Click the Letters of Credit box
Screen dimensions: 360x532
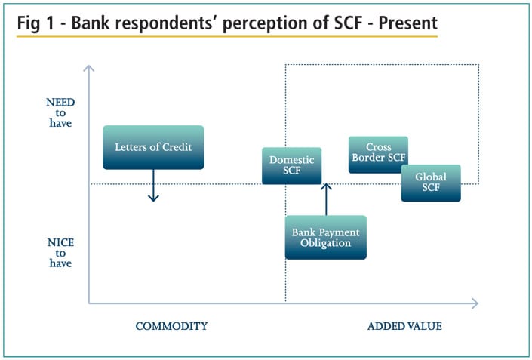pyautogui.click(x=153, y=147)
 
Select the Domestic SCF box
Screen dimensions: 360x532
pyautogui.click(x=291, y=165)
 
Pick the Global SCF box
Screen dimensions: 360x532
pyautogui.click(x=431, y=183)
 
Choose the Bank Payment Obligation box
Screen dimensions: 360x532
pyautogui.click(x=325, y=237)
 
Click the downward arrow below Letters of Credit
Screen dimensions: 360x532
pyautogui.click(x=153, y=186)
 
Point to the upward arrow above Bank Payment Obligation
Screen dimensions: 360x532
pyautogui.click(x=325, y=198)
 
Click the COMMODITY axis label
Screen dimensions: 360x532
pyautogui.click(x=171, y=326)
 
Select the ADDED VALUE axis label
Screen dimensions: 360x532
pyautogui.click(x=404, y=326)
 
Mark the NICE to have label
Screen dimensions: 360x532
pyautogui.click(x=60, y=253)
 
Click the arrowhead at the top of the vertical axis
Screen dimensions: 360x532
pyautogui.click(x=89, y=69)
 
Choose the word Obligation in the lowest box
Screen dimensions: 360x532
pyautogui.click(x=325, y=243)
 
